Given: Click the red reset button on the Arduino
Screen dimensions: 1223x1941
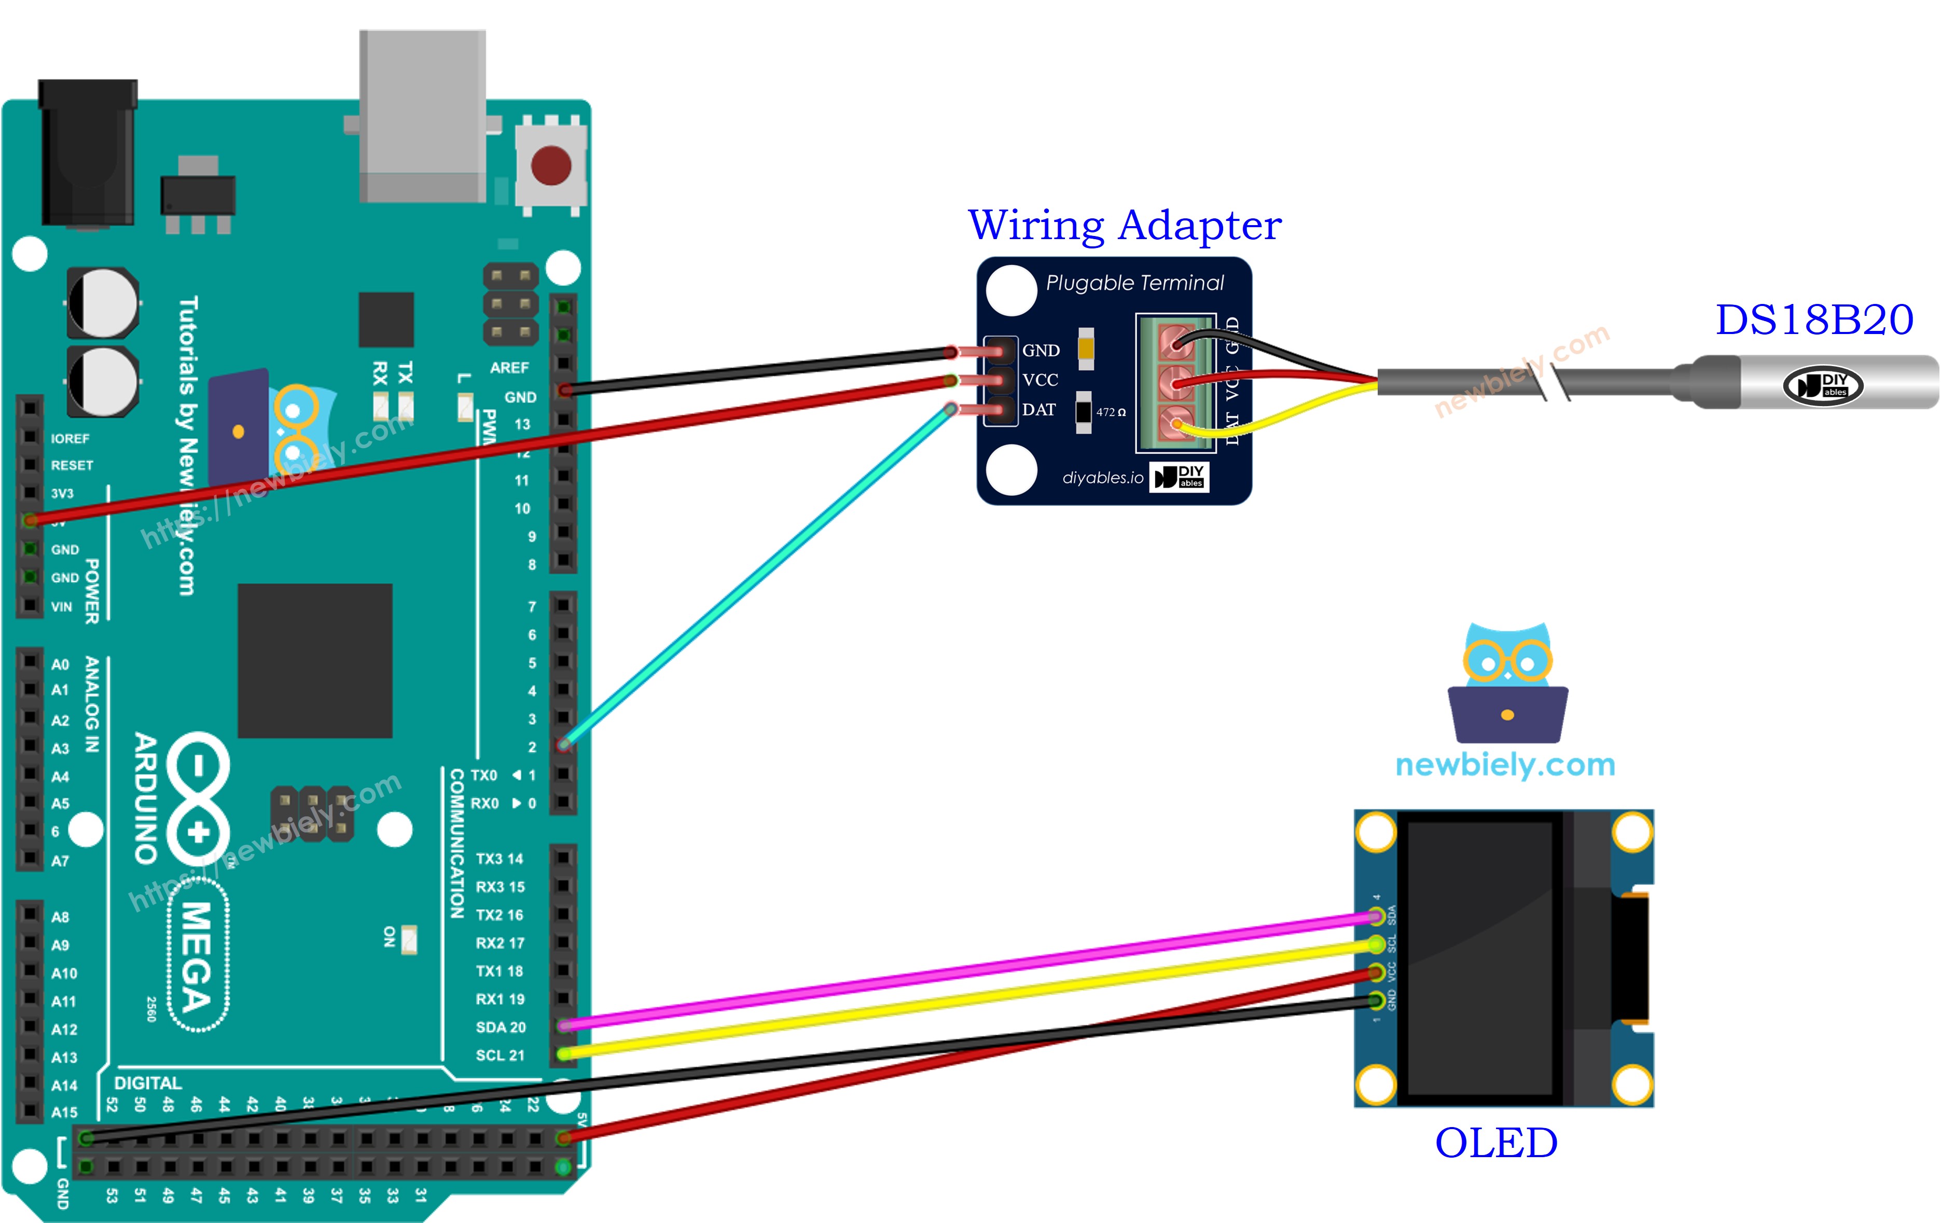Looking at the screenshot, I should tap(551, 165).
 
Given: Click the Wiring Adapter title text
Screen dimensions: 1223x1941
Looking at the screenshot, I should tap(1125, 225).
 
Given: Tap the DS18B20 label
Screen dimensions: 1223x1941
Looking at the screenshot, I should tap(1813, 320).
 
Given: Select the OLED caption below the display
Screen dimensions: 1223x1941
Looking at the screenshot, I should tap(1496, 1143).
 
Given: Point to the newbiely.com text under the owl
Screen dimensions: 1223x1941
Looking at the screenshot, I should tap(1505, 765).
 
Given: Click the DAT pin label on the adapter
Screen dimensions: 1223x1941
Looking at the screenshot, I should tap(1039, 410).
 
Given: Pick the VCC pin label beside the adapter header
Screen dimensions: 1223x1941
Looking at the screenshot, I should tap(1040, 380).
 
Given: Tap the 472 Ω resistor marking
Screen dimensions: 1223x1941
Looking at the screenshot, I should tap(1110, 412).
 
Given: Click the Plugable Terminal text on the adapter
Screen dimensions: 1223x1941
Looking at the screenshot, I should tap(1134, 283).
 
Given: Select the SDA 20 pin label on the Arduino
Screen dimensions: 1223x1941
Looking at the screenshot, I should tap(501, 1027).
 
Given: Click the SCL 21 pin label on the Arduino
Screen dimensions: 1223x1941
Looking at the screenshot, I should tap(500, 1055).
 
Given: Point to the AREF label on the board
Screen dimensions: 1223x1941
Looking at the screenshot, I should tap(509, 368).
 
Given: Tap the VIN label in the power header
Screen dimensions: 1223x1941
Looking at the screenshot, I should tap(61, 607).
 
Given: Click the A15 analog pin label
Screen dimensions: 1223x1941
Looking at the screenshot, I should tap(64, 1113).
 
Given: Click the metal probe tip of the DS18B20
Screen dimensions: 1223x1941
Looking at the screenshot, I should tap(1838, 383).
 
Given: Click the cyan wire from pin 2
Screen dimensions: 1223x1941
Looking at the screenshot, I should tap(758, 576).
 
